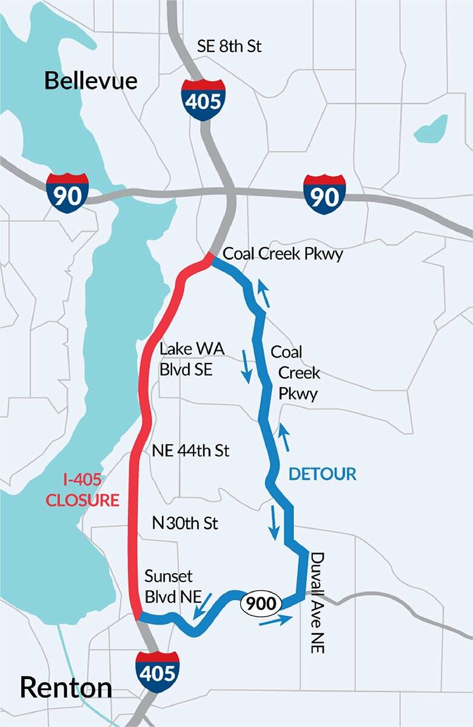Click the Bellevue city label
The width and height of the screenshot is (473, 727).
[91, 81]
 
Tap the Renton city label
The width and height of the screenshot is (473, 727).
[65, 688]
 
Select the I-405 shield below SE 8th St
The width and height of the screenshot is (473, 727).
[203, 100]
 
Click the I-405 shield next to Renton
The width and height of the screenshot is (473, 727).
[158, 672]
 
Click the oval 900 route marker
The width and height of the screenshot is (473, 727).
[262, 603]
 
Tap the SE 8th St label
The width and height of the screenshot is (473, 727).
[229, 46]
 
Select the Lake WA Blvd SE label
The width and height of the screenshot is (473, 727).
[186, 359]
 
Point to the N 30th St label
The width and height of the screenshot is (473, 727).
[185, 523]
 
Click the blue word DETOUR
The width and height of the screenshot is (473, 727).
[322, 474]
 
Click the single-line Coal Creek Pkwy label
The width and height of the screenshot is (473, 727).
[283, 254]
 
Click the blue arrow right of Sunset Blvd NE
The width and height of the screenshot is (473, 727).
[203, 606]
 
